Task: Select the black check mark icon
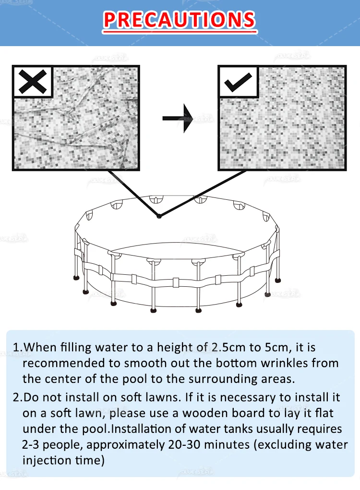tap(238, 82)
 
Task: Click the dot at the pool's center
tap(159, 216)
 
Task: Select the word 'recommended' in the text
tap(58, 363)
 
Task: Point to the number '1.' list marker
tap(17, 347)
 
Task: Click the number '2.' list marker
tap(17, 398)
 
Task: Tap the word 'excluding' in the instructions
tap(284, 444)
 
